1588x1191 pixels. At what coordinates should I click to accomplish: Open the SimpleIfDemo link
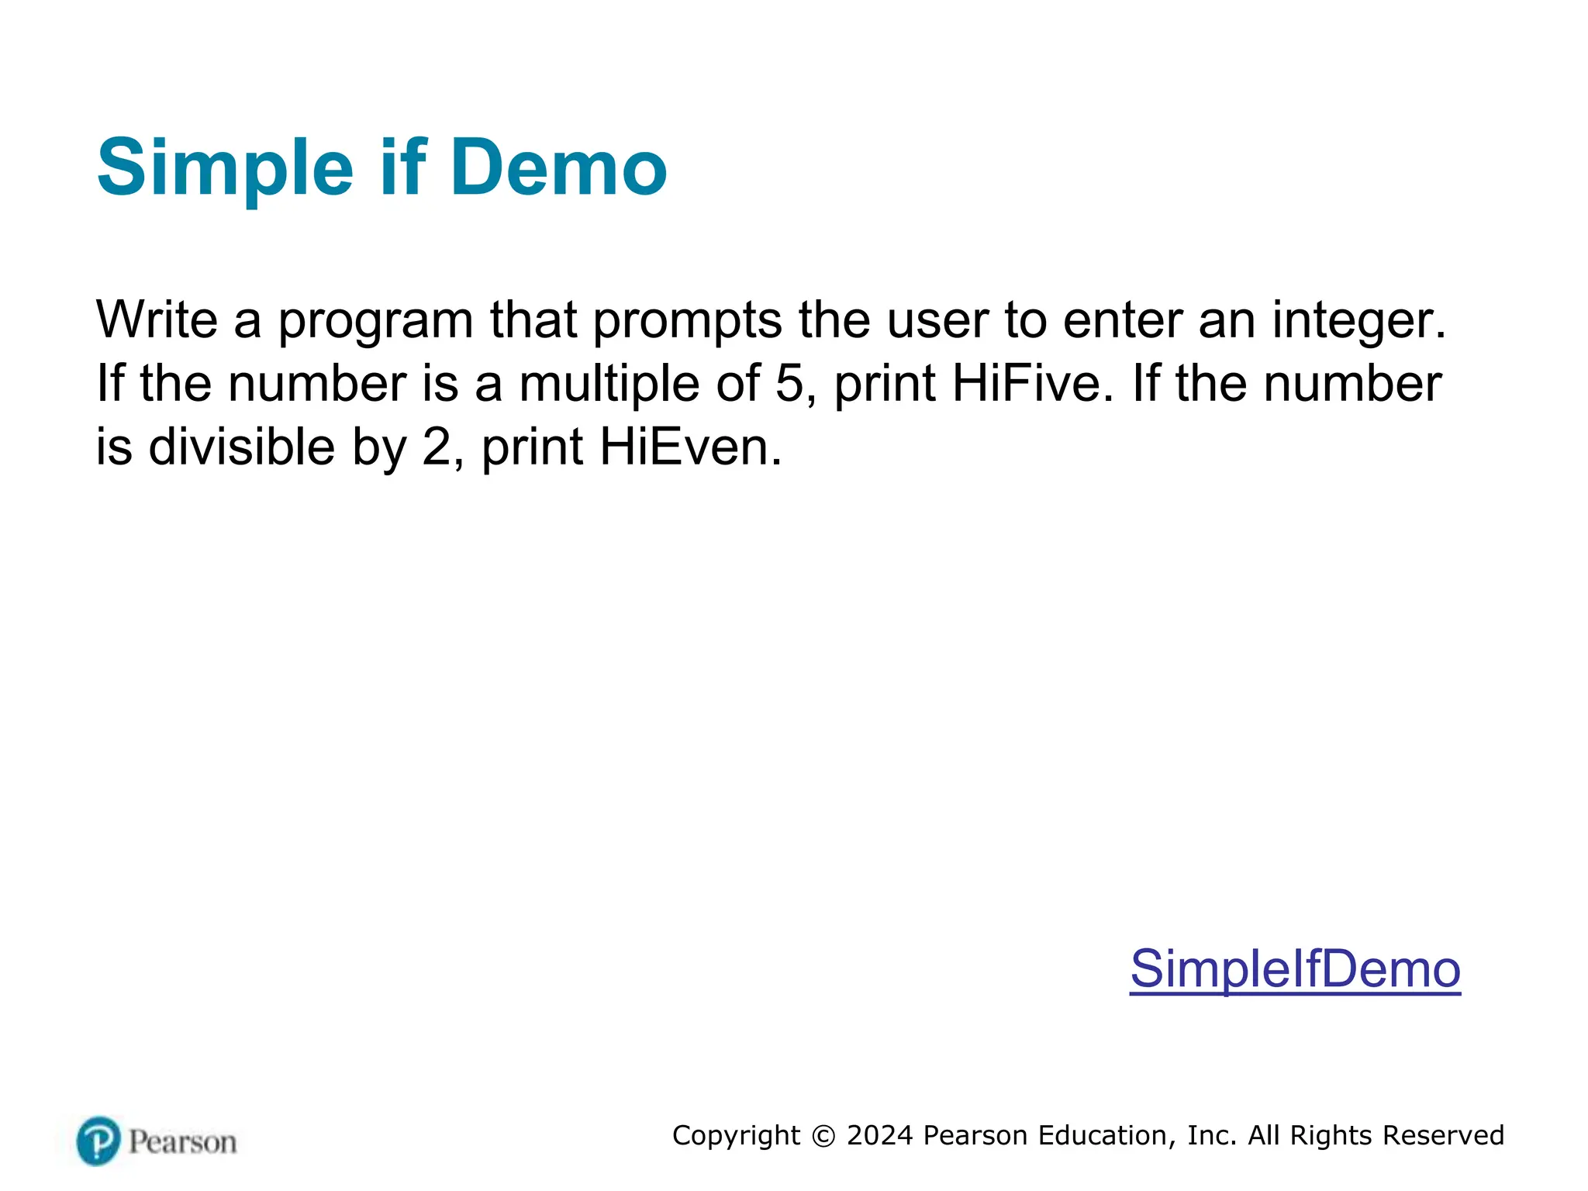tap(1295, 968)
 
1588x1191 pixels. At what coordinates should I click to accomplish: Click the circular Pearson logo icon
tap(98, 1141)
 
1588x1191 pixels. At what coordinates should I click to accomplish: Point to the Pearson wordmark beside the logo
tap(183, 1142)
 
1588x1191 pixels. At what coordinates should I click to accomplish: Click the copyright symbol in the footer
tap(823, 1136)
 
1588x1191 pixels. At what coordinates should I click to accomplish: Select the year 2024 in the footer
tap(880, 1135)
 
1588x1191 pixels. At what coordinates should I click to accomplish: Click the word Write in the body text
tap(157, 319)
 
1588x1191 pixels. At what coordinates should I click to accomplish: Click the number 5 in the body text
tap(790, 383)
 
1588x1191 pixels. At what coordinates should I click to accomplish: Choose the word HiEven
tap(690, 447)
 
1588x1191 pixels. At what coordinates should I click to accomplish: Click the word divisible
tap(241, 447)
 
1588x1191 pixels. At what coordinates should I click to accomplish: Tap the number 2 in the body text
tap(437, 447)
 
